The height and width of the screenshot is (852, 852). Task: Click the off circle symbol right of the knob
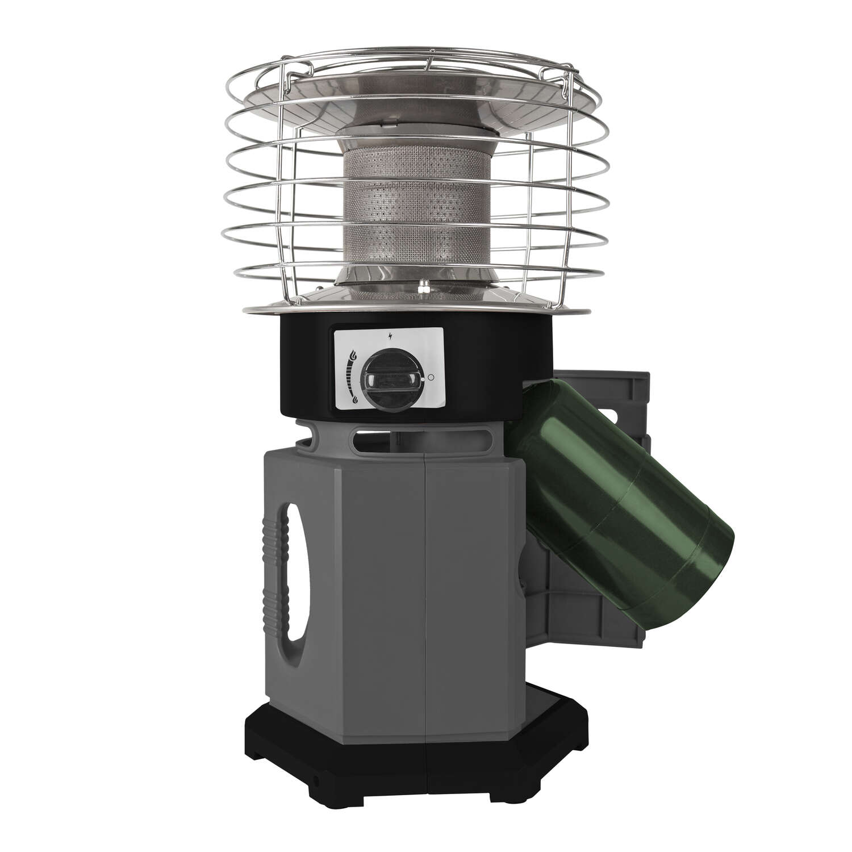(430, 377)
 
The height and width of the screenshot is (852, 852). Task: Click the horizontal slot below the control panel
(386, 438)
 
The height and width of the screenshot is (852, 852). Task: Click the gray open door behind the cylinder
(625, 398)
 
